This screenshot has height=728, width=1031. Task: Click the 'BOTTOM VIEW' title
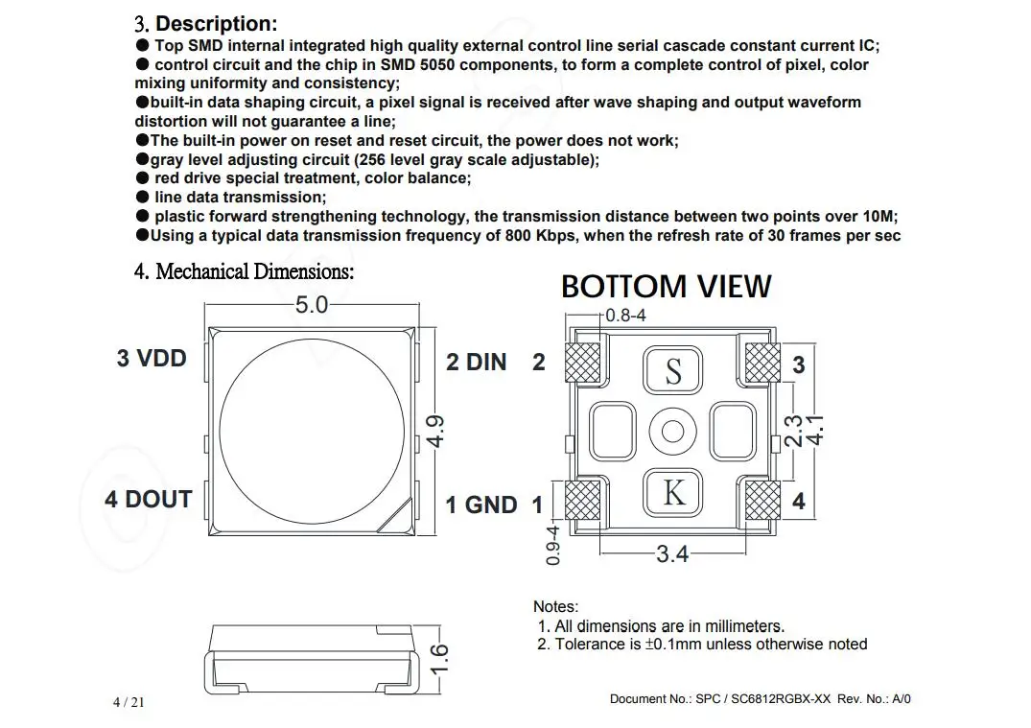click(x=666, y=286)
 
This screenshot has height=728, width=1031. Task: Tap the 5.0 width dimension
click(x=312, y=305)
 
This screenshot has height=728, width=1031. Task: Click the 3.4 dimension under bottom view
click(x=672, y=553)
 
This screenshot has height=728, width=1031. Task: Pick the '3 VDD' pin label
click(x=152, y=359)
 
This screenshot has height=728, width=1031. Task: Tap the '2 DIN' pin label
click(x=476, y=362)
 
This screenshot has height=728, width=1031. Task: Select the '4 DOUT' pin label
click(x=149, y=499)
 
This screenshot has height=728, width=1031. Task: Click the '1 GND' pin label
click(x=481, y=505)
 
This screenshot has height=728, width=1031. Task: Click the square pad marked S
click(x=673, y=369)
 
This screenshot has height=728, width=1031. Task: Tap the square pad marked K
click(x=673, y=492)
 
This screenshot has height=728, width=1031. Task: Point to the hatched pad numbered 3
click(x=763, y=363)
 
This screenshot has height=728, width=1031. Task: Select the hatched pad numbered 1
click(x=582, y=500)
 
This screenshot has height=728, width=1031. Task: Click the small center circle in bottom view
click(x=672, y=430)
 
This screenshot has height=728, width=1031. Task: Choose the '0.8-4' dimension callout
click(x=625, y=315)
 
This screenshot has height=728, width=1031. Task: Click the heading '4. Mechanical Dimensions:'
click(x=244, y=271)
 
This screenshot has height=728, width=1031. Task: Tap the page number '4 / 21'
click(x=129, y=702)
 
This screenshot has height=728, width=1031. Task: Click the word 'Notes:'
click(x=556, y=606)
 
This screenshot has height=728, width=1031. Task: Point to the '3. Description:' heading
click(x=206, y=24)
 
